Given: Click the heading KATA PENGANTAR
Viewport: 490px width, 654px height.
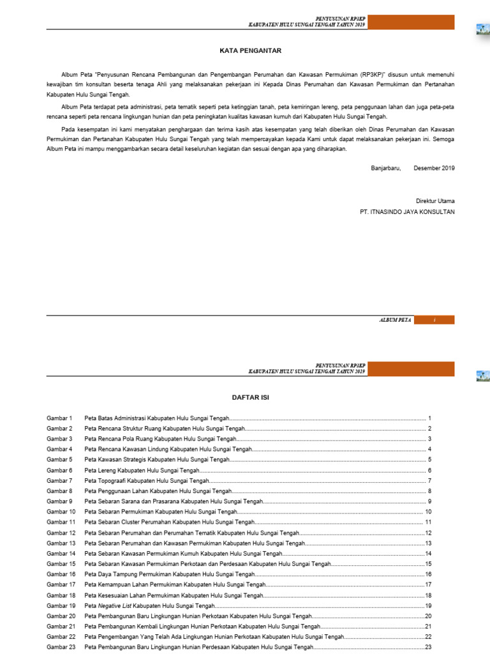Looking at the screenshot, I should [250, 50].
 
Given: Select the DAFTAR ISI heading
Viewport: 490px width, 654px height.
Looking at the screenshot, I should [250, 397].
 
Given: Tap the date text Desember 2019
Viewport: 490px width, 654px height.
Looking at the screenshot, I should [434, 168].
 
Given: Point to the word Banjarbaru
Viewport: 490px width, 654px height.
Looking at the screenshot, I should [386, 168].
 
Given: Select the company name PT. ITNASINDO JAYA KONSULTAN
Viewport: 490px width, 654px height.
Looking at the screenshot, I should [408, 211].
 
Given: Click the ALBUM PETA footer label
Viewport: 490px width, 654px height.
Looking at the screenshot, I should [396, 320].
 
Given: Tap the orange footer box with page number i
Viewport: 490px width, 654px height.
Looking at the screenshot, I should [434, 320].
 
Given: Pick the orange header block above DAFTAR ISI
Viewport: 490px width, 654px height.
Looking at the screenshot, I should [412, 369].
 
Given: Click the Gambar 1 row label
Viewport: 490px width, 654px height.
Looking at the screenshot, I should [60, 418].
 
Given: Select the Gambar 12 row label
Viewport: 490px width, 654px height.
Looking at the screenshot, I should [61, 533].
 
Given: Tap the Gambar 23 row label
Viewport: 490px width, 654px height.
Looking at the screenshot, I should [61, 647].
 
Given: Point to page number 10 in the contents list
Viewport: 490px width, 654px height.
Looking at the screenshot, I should [429, 512].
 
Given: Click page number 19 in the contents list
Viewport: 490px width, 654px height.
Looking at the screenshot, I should [429, 605].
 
